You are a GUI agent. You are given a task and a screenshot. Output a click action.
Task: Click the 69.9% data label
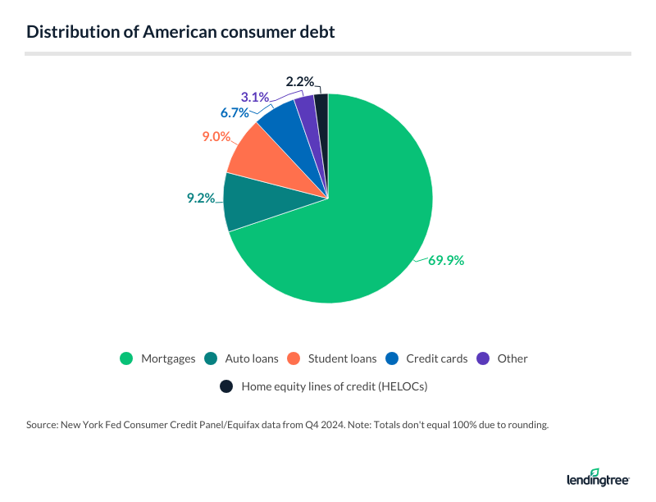445,261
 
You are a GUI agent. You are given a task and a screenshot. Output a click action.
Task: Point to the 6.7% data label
233,112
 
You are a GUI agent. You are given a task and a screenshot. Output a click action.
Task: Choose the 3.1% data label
254,98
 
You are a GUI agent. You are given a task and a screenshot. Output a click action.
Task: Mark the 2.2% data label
299,82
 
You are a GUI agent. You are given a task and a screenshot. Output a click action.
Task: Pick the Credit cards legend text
437,358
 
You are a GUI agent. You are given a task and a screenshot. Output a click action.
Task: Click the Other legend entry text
512,358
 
